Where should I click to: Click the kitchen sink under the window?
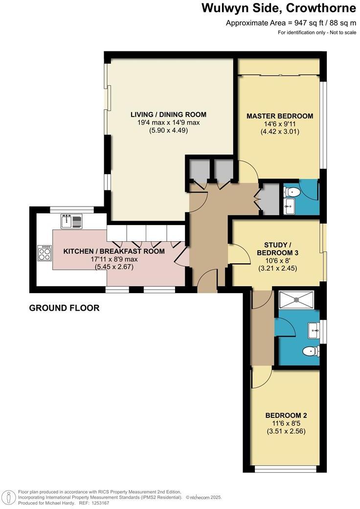tap(71, 221)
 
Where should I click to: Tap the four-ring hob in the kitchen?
tap(45, 253)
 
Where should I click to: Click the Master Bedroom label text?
tap(279, 116)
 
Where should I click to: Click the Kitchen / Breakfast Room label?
tap(114, 251)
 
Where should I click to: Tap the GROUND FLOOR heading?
tap(64, 308)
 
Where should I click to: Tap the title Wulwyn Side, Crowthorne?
tap(279, 8)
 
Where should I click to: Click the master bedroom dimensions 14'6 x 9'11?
tap(279, 124)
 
